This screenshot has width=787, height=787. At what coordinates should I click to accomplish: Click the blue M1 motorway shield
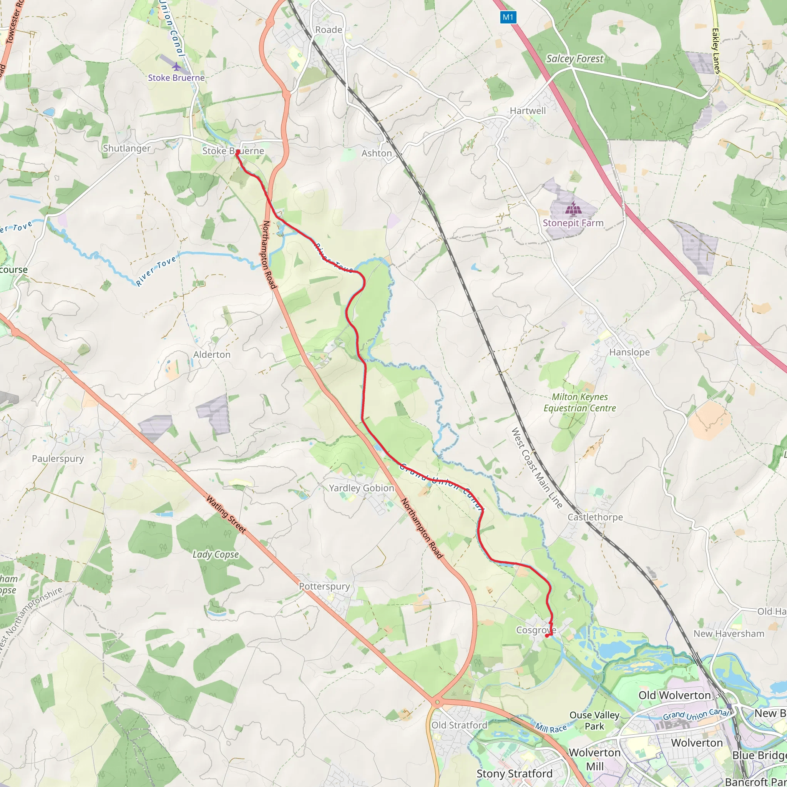[x=508, y=17]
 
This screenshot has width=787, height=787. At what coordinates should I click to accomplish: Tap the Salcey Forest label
[x=574, y=59]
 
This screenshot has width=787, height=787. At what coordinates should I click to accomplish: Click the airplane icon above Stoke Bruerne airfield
[x=176, y=66]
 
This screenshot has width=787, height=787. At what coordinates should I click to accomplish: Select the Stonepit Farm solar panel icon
[x=573, y=209]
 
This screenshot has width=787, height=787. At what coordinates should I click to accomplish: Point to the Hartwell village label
[x=528, y=111]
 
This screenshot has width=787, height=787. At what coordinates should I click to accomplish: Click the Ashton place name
[x=376, y=154]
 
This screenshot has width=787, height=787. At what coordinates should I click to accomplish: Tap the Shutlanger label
[x=127, y=148]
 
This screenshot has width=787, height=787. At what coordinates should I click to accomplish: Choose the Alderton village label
[x=211, y=355]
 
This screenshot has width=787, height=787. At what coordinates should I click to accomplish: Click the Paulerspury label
[x=58, y=459]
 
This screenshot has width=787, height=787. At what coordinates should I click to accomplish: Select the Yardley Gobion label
[x=361, y=488]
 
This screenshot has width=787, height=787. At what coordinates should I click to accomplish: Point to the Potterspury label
[x=324, y=586]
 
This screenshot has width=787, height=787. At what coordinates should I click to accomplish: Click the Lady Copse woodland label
[x=216, y=555]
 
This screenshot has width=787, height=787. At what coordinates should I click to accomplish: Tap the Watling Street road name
[x=226, y=514]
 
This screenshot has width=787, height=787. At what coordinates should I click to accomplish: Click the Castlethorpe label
[x=595, y=517]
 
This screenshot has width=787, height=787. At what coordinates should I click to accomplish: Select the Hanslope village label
[x=629, y=352]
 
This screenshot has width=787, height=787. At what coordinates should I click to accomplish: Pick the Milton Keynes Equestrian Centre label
[x=579, y=402]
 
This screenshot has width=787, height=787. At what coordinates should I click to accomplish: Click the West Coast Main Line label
[x=536, y=468]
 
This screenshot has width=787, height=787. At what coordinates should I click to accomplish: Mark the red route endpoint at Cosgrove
[x=547, y=636]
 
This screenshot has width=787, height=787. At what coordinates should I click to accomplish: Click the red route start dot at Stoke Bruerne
[x=237, y=152]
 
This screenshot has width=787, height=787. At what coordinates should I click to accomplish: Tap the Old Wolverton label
[x=674, y=695]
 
